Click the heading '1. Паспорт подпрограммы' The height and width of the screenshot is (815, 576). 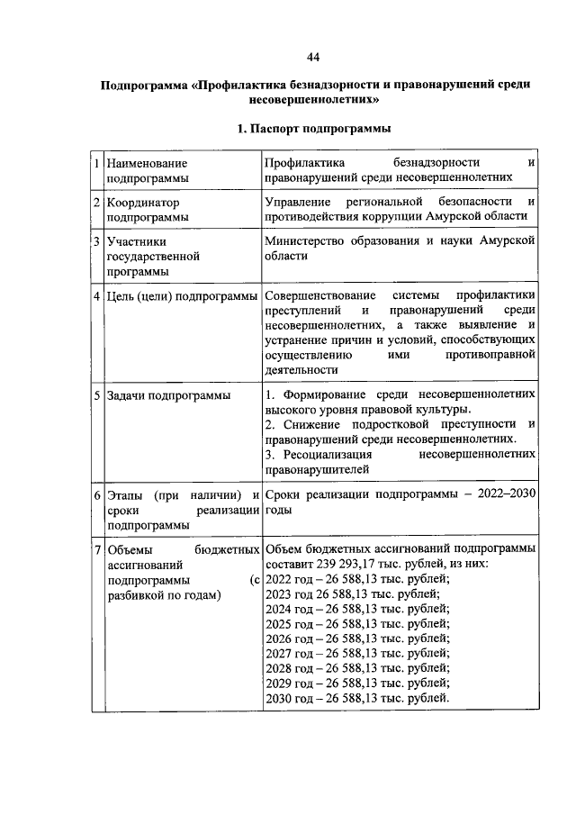coord(313,129)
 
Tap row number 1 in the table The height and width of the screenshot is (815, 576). coord(97,164)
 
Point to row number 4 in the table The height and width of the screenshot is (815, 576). coord(97,296)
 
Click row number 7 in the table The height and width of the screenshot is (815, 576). coord(97,548)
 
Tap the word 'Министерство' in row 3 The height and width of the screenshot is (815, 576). coord(306,241)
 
